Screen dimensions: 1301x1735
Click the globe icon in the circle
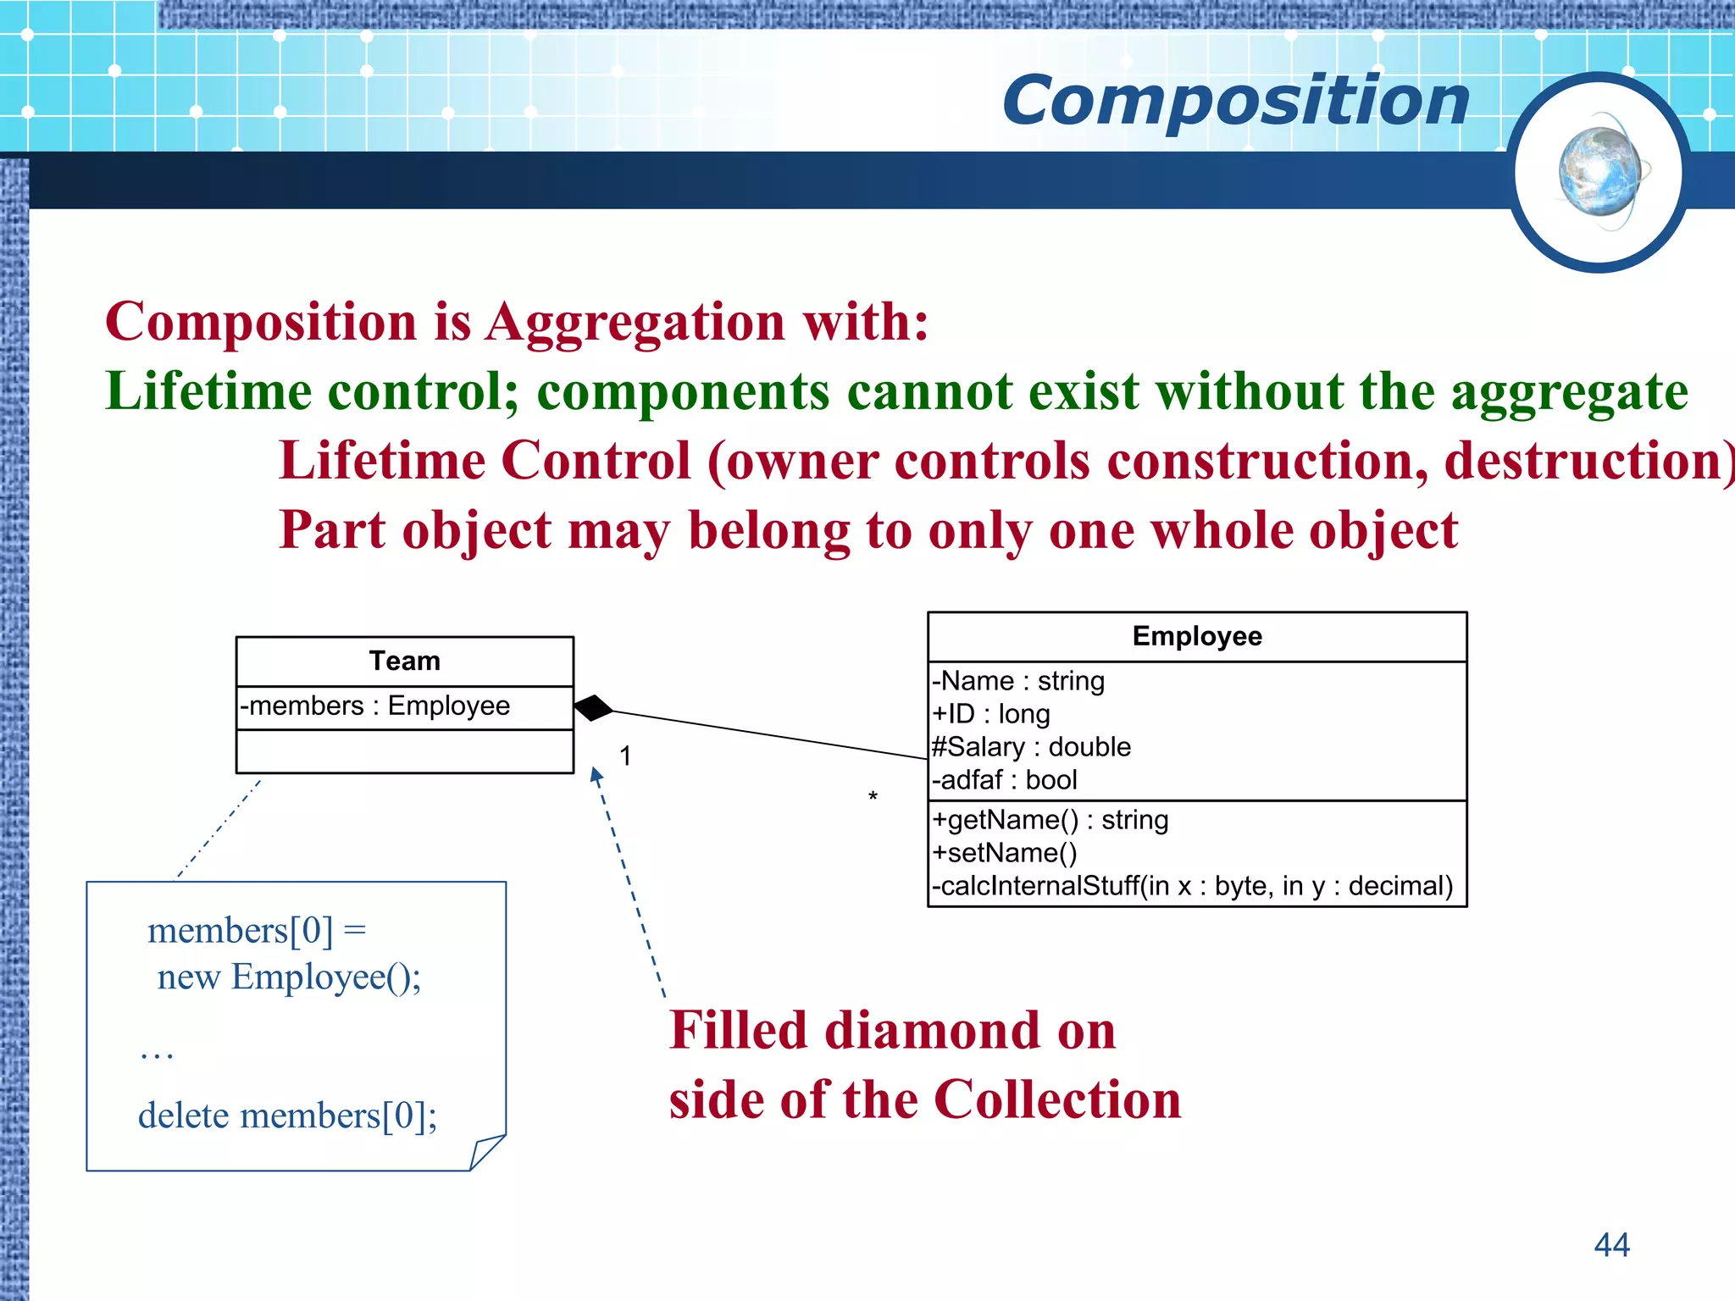tap(1600, 172)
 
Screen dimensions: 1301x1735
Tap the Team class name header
tap(404, 661)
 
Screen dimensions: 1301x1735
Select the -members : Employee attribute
tap(375, 706)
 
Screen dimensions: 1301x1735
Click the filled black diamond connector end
tap(594, 707)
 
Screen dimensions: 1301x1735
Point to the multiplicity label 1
tap(625, 756)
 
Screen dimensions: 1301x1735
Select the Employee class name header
tap(1196, 636)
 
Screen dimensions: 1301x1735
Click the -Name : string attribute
tap(1018, 681)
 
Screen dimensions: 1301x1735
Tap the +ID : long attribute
tap(991, 714)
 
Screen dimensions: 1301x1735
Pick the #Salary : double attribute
tap(1031, 747)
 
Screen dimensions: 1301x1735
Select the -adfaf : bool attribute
tap(1005, 780)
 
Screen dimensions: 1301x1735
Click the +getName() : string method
tap(1050, 820)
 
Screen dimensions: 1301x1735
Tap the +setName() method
tap(1005, 853)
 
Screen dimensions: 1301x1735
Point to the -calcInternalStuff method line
tap(1192, 886)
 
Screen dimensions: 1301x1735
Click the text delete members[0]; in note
tap(287, 1116)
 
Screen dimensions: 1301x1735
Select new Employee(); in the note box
tap(289, 977)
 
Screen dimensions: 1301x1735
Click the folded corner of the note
tap(486, 1153)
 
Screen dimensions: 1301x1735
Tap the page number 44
tap(1611, 1244)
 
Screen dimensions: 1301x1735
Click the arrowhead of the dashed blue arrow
tap(596, 774)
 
